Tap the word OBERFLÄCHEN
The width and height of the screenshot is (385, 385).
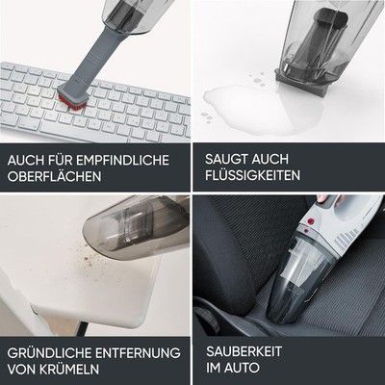pyautogui.click(x=54, y=176)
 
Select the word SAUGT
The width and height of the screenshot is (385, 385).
pyautogui.click(x=226, y=159)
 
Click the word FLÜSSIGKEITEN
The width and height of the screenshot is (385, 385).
pyautogui.click(x=253, y=175)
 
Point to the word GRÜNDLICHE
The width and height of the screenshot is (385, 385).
pyautogui.click(x=49, y=353)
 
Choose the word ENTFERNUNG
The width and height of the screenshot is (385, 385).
pyautogui.click(x=138, y=353)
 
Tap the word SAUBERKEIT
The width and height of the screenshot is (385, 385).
pyautogui.click(x=244, y=351)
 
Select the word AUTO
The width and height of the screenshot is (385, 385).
pyautogui.click(x=242, y=368)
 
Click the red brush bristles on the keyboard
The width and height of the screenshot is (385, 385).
pyautogui.click(x=73, y=103)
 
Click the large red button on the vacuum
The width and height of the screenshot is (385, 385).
pyautogui.click(x=311, y=221)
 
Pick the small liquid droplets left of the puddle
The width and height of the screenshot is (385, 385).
pyautogui.click(x=206, y=117)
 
